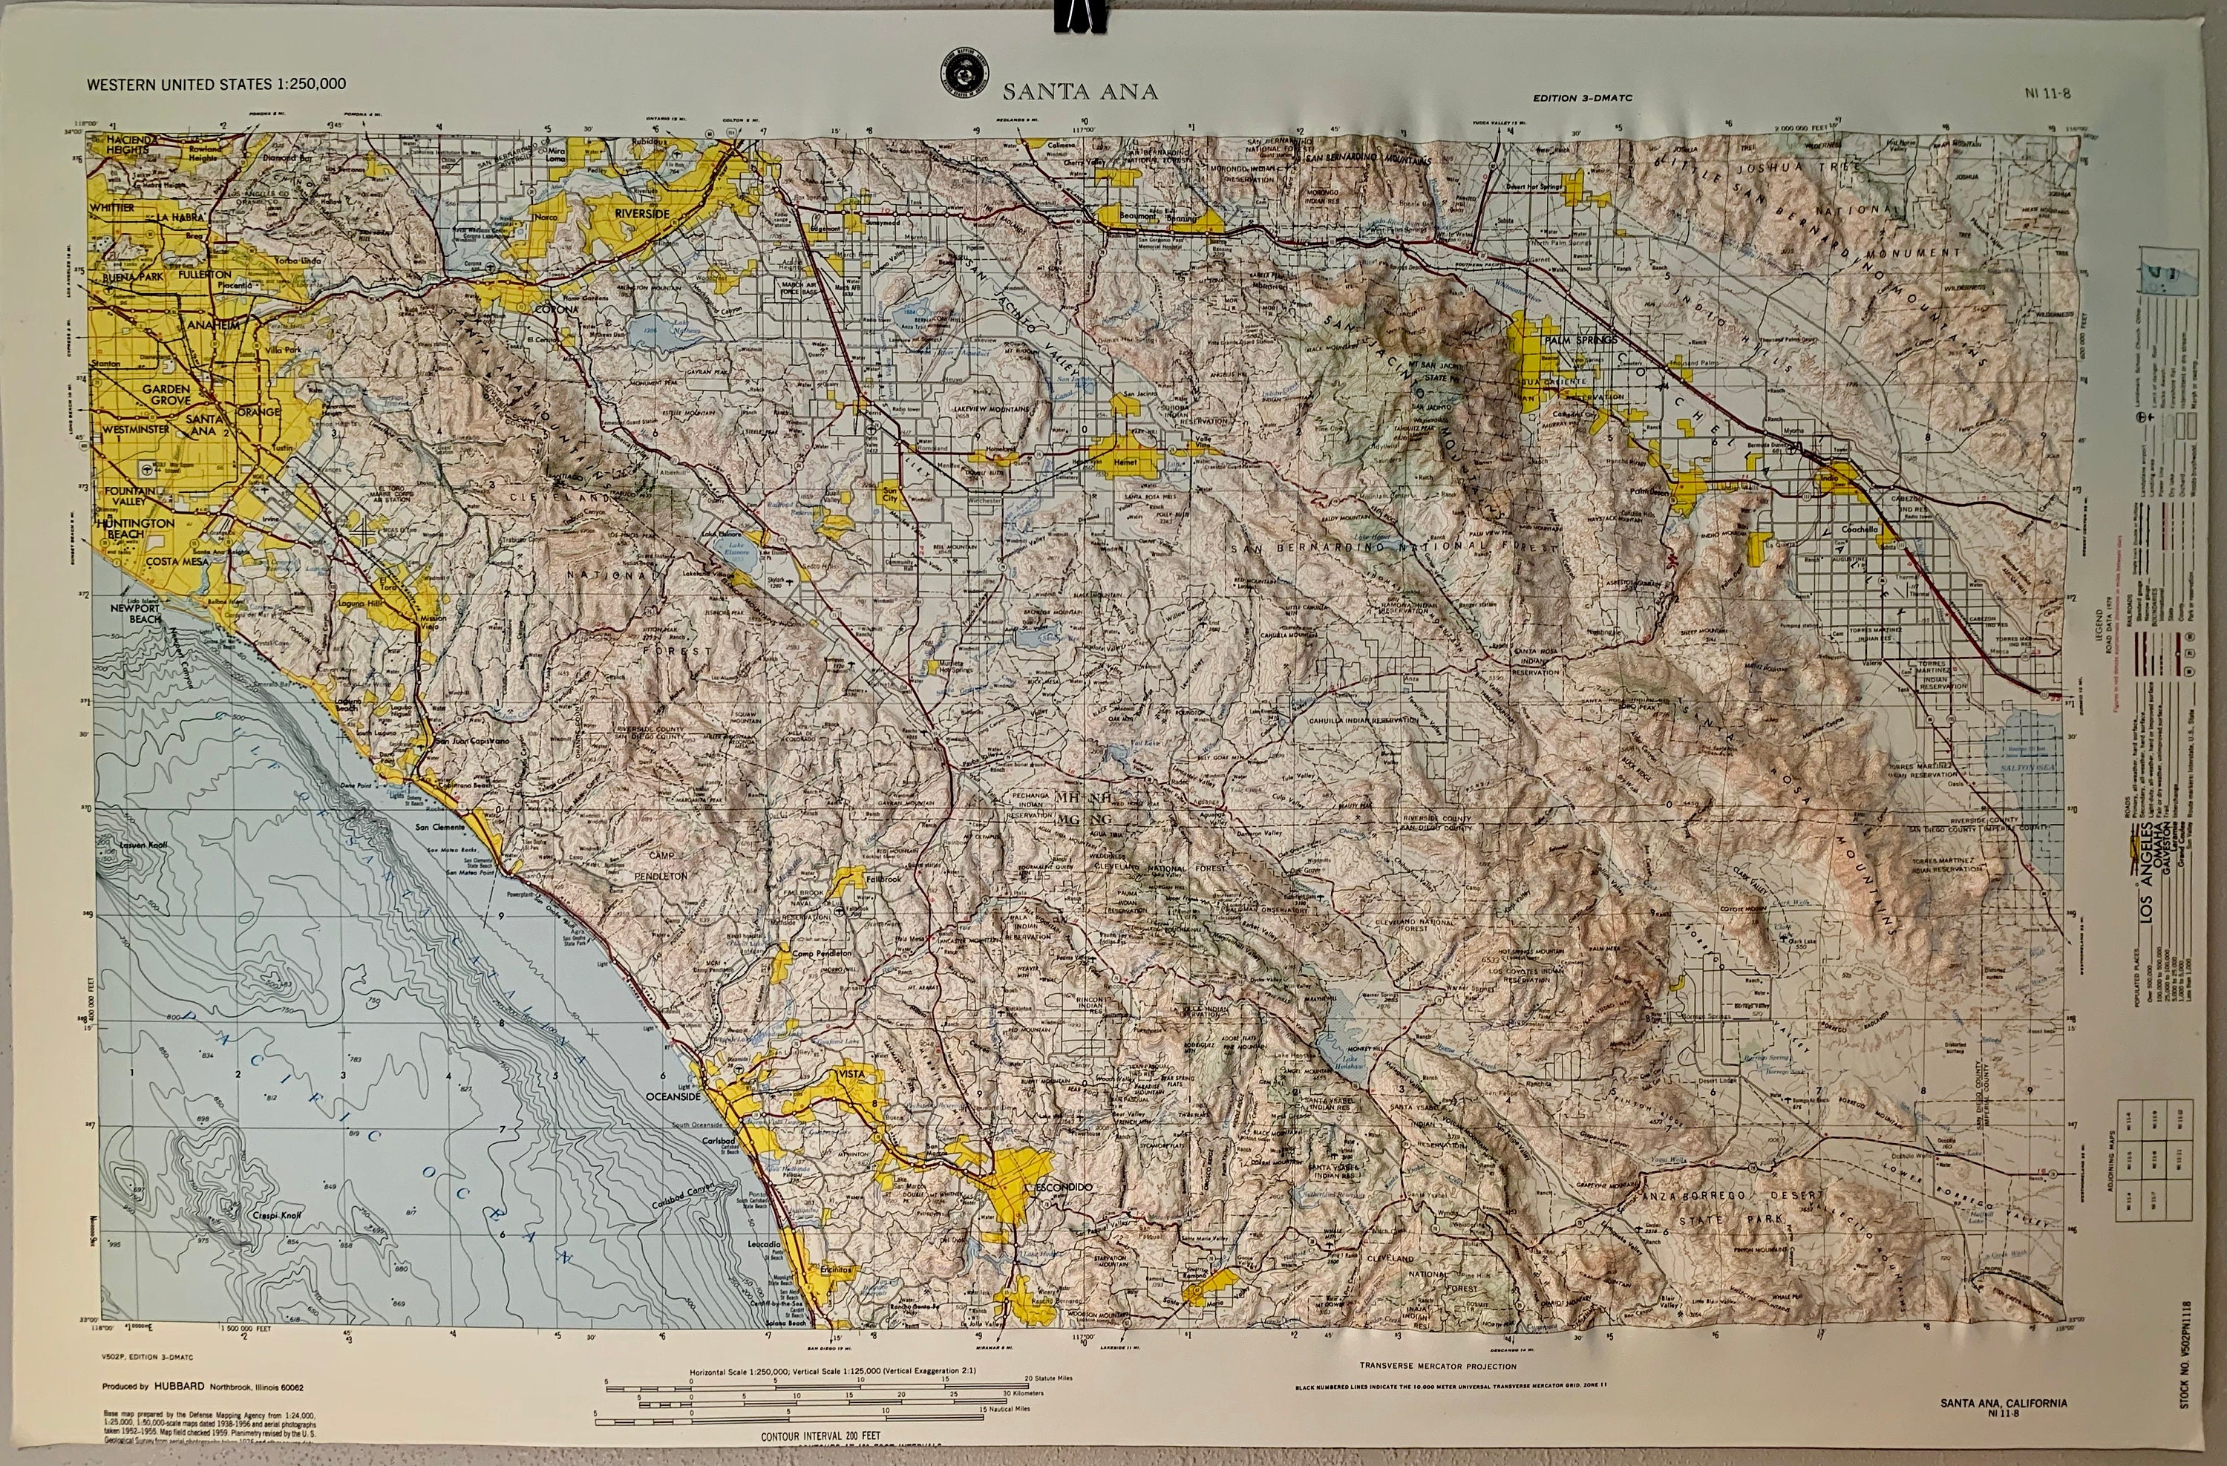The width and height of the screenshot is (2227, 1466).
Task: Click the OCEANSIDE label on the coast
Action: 673,1096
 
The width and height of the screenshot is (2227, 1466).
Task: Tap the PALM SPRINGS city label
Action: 1580,341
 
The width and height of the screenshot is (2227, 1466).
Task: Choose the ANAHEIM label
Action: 213,324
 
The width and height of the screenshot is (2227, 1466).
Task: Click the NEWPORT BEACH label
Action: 136,613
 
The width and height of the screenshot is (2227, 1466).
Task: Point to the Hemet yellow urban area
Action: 1125,453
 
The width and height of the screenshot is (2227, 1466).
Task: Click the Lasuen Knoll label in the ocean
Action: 143,845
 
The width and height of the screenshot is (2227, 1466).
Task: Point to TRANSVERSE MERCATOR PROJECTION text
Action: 1437,1367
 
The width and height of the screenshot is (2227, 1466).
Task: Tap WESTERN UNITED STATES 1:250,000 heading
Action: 216,84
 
